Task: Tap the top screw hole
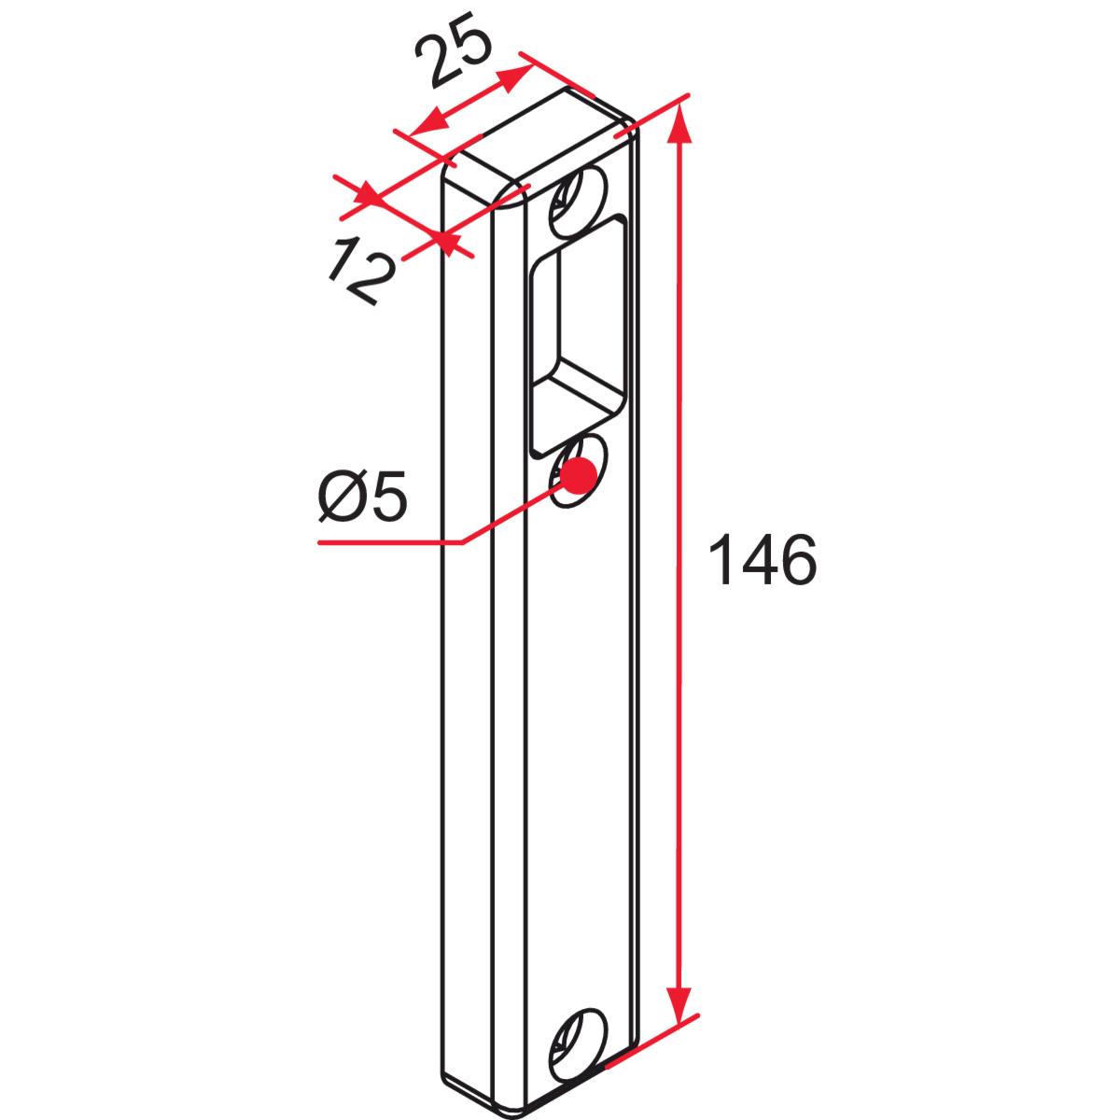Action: [577, 201]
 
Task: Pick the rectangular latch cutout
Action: [580, 335]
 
